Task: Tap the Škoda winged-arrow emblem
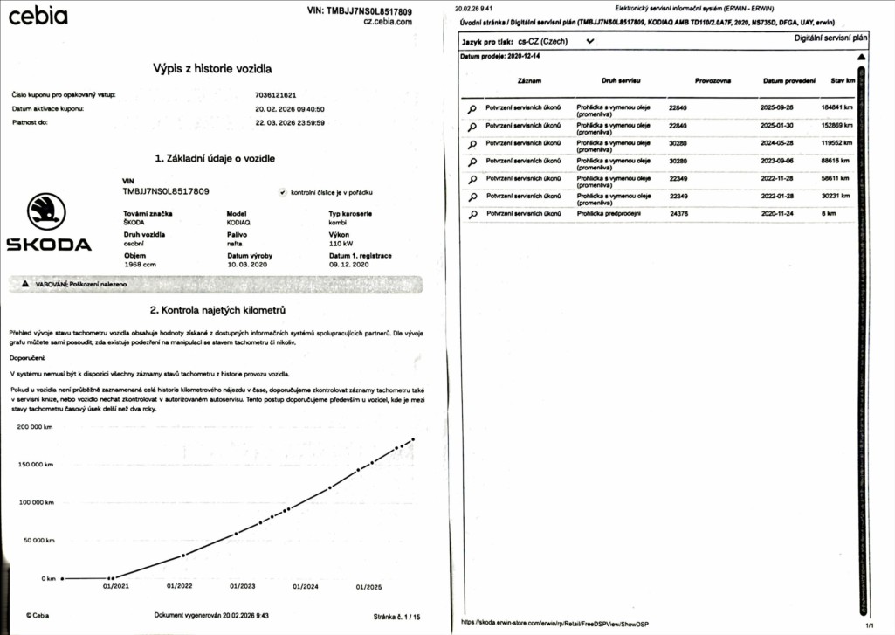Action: (47, 212)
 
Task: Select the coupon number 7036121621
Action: (276, 94)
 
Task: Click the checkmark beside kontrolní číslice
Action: (283, 193)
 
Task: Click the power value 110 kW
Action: (341, 245)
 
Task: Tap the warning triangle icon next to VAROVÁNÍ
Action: (25, 285)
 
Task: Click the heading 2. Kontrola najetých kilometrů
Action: (217, 310)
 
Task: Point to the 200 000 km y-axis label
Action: (35, 427)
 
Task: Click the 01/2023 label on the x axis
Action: (243, 586)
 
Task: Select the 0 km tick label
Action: (48, 578)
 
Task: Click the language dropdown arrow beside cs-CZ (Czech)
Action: (590, 41)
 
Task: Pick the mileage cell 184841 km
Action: (836, 107)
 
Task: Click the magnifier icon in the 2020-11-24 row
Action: (472, 214)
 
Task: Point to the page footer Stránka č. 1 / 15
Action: (396, 616)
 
